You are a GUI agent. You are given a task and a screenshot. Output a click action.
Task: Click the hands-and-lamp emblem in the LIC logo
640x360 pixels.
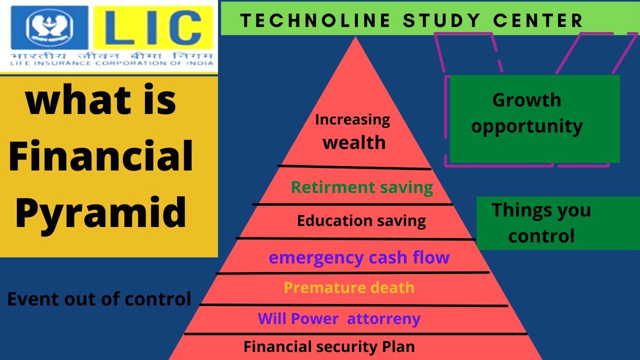tap(49, 27)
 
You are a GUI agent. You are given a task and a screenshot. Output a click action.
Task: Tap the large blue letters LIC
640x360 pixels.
tap(153, 27)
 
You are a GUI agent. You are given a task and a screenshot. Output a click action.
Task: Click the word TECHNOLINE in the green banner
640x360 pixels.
tap(315, 20)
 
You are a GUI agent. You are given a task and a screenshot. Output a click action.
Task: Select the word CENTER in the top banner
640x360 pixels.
tap(537, 20)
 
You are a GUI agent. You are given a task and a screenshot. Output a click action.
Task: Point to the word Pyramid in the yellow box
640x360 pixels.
tap(100, 212)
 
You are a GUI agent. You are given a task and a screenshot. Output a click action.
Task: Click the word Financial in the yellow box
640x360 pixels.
tap(101, 155)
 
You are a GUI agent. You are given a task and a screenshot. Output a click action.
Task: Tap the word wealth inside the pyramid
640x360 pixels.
tap(354, 142)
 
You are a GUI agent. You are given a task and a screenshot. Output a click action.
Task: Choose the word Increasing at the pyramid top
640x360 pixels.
tap(352, 119)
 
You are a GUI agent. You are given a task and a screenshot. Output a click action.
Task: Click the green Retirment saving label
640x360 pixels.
tap(362, 187)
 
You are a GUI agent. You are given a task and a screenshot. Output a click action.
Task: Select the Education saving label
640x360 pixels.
tap(361, 221)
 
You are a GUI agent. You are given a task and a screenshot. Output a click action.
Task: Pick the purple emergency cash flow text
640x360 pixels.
tap(359, 257)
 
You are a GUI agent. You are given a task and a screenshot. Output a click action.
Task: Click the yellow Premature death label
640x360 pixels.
tap(349, 287)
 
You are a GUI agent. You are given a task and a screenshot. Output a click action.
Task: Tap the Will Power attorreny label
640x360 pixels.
tap(339, 319)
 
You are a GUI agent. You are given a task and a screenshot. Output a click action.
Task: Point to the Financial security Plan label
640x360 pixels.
tap(329, 347)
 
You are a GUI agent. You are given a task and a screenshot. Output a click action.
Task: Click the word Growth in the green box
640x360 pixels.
tap(526, 100)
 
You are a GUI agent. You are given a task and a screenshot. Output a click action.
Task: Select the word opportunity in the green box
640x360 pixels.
tap(527, 126)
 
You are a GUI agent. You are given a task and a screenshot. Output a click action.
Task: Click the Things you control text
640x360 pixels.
tap(541, 223)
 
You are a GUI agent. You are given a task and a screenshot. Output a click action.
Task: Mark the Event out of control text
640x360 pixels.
tap(99, 299)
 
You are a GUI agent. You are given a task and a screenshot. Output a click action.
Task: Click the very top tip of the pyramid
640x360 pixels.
tap(355, 37)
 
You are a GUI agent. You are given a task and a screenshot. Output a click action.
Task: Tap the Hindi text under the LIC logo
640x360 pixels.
tap(111, 55)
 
